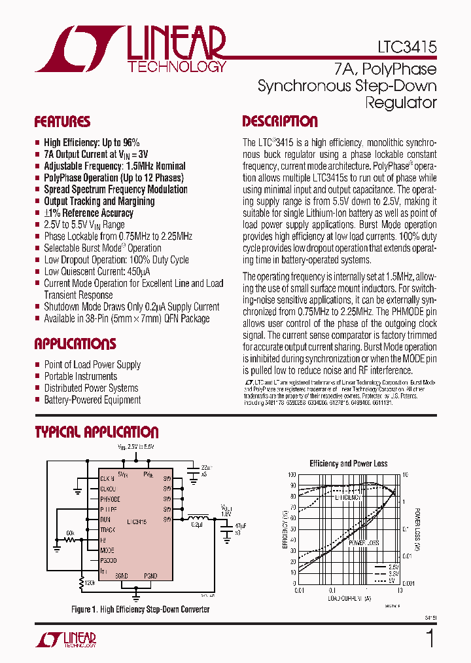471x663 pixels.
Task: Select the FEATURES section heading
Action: click(62, 122)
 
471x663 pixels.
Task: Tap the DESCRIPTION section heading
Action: click(280, 122)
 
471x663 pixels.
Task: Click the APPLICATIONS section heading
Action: click(75, 345)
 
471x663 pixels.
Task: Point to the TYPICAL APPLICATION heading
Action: click(96, 432)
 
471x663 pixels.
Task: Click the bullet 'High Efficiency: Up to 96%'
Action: click(92, 142)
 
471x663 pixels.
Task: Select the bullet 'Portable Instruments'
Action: click(80, 376)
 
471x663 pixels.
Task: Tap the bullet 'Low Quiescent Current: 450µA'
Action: click(97, 271)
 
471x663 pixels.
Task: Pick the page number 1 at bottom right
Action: click(430, 638)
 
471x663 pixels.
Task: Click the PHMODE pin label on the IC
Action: click(110, 499)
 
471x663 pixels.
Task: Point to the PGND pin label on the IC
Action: click(151, 575)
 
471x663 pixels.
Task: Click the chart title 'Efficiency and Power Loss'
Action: click(348, 463)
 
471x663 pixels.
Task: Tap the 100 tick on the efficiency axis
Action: click(292, 474)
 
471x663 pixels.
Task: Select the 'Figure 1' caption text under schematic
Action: click(140, 609)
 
